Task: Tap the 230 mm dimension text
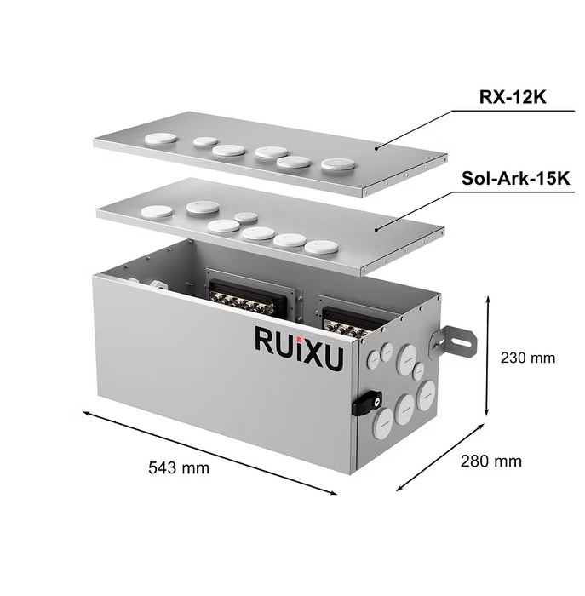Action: [529, 358]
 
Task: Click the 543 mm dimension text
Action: [179, 467]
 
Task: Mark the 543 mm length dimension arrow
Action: [209, 451]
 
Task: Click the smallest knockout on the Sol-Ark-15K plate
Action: [245, 216]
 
